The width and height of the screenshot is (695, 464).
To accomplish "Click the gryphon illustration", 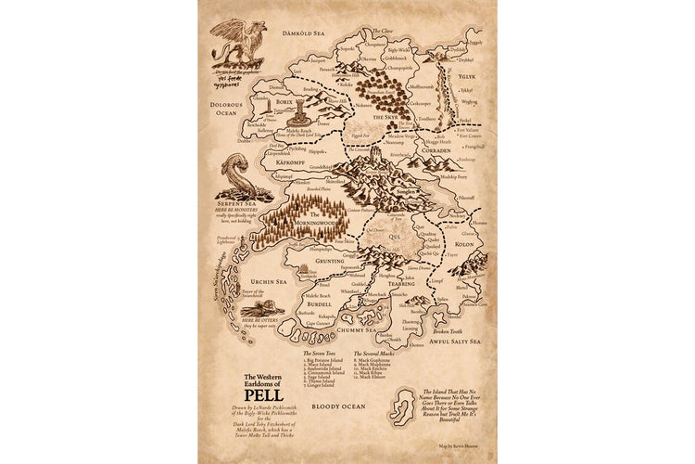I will pyautogui.click(x=239, y=44).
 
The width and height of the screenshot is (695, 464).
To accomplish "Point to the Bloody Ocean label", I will pyautogui.click(x=336, y=406).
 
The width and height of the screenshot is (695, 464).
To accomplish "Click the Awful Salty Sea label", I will pyautogui.click(x=456, y=341).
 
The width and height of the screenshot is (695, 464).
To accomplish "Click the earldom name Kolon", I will pyautogui.click(x=463, y=244).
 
